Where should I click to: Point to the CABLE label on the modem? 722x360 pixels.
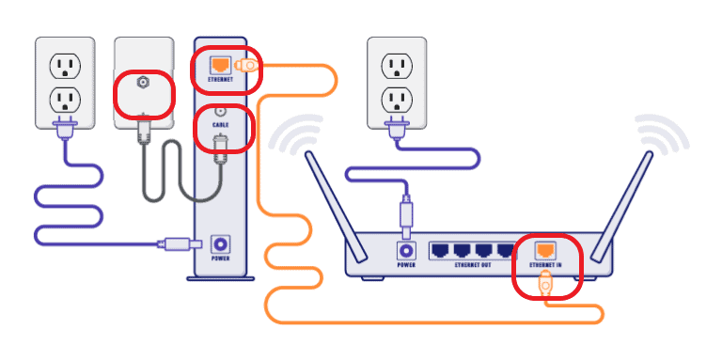(x=220, y=124)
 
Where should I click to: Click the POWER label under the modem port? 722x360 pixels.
(x=221, y=258)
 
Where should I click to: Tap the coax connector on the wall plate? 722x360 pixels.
(x=144, y=84)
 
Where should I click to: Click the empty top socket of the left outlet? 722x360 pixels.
(x=64, y=66)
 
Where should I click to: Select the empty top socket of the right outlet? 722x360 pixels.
(x=395, y=66)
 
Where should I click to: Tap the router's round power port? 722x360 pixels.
(x=407, y=251)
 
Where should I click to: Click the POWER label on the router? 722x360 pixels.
(x=407, y=265)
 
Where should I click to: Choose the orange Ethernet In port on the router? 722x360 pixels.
(x=545, y=250)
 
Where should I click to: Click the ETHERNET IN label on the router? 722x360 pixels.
(x=545, y=266)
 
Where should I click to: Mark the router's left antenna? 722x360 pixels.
(x=335, y=202)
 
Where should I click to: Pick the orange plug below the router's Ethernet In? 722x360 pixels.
(x=545, y=284)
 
